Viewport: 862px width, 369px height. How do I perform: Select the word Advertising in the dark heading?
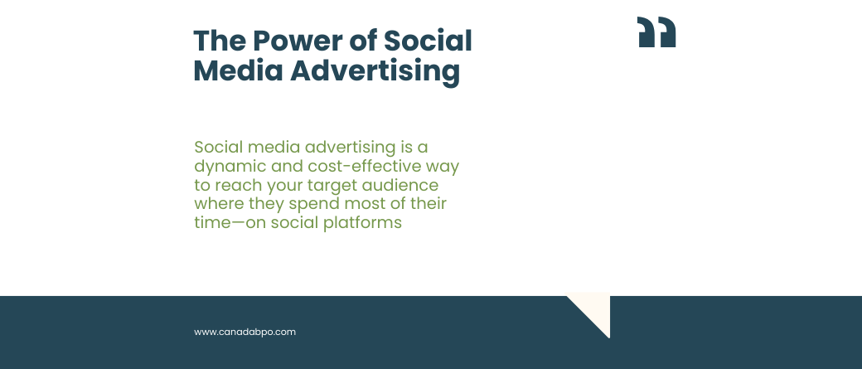pyautogui.click(x=375, y=72)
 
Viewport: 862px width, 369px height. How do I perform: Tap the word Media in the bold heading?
pyautogui.click(x=238, y=71)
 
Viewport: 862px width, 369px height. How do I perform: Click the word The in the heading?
pyautogui.click(x=220, y=41)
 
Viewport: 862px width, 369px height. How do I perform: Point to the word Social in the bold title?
pyautogui.click(x=427, y=41)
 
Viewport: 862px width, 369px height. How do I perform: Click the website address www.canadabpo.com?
pyautogui.click(x=245, y=333)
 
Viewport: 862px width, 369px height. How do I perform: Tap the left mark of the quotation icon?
pyautogui.click(x=646, y=32)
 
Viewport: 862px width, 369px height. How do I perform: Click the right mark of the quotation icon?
pyautogui.click(x=666, y=32)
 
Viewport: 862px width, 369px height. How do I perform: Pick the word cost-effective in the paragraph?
pyautogui.click(x=365, y=166)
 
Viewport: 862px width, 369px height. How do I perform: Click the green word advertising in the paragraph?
pyautogui.click(x=350, y=148)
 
